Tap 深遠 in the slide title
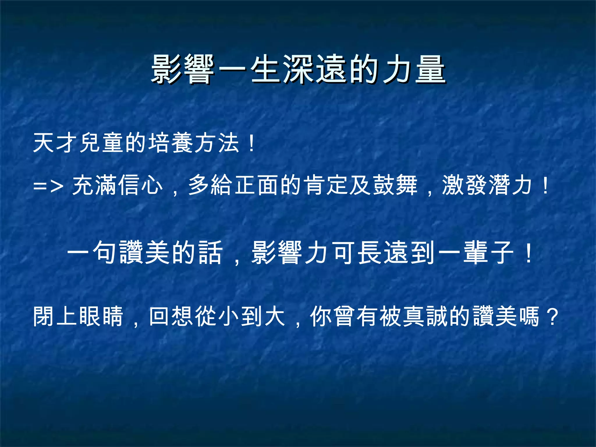pyautogui.click(x=315, y=69)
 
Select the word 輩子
pyautogui.click(x=489, y=253)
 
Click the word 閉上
pyautogui.click(x=55, y=317)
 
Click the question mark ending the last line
pyautogui.click(x=552, y=317)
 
